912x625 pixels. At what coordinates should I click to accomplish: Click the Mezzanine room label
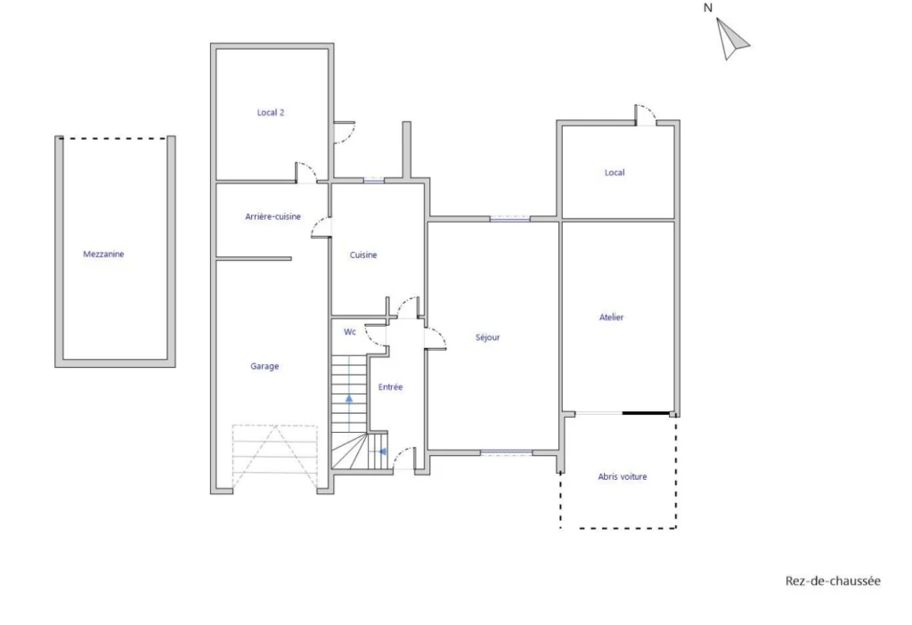click(x=103, y=254)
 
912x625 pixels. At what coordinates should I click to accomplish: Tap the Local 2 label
click(x=271, y=113)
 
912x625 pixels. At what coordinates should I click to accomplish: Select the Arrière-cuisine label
click(x=273, y=217)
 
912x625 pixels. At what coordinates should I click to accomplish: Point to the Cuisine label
click(x=363, y=256)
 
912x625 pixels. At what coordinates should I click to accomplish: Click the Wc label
click(x=349, y=332)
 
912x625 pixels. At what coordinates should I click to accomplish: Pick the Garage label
click(x=265, y=366)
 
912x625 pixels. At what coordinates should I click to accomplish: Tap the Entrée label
click(x=390, y=387)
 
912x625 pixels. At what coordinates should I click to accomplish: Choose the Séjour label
click(x=487, y=337)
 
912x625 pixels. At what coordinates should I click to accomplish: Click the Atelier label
click(x=611, y=318)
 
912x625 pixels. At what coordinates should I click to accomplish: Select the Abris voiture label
click(x=623, y=476)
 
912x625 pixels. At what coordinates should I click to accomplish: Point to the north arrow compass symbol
click(x=731, y=39)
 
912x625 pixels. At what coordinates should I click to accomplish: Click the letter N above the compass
click(x=708, y=8)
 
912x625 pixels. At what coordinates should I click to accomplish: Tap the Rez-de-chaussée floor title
click(x=833, y=580)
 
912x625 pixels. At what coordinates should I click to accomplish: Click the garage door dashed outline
click(x=274, y=457)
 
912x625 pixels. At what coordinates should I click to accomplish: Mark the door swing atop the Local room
click(x=645, y=114)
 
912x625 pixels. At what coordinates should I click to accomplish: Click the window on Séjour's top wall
click(x=509, y=219)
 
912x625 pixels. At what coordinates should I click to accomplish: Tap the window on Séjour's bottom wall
click(x=506, y=452)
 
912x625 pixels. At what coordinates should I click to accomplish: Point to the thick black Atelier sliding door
click(x=646, y=413)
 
